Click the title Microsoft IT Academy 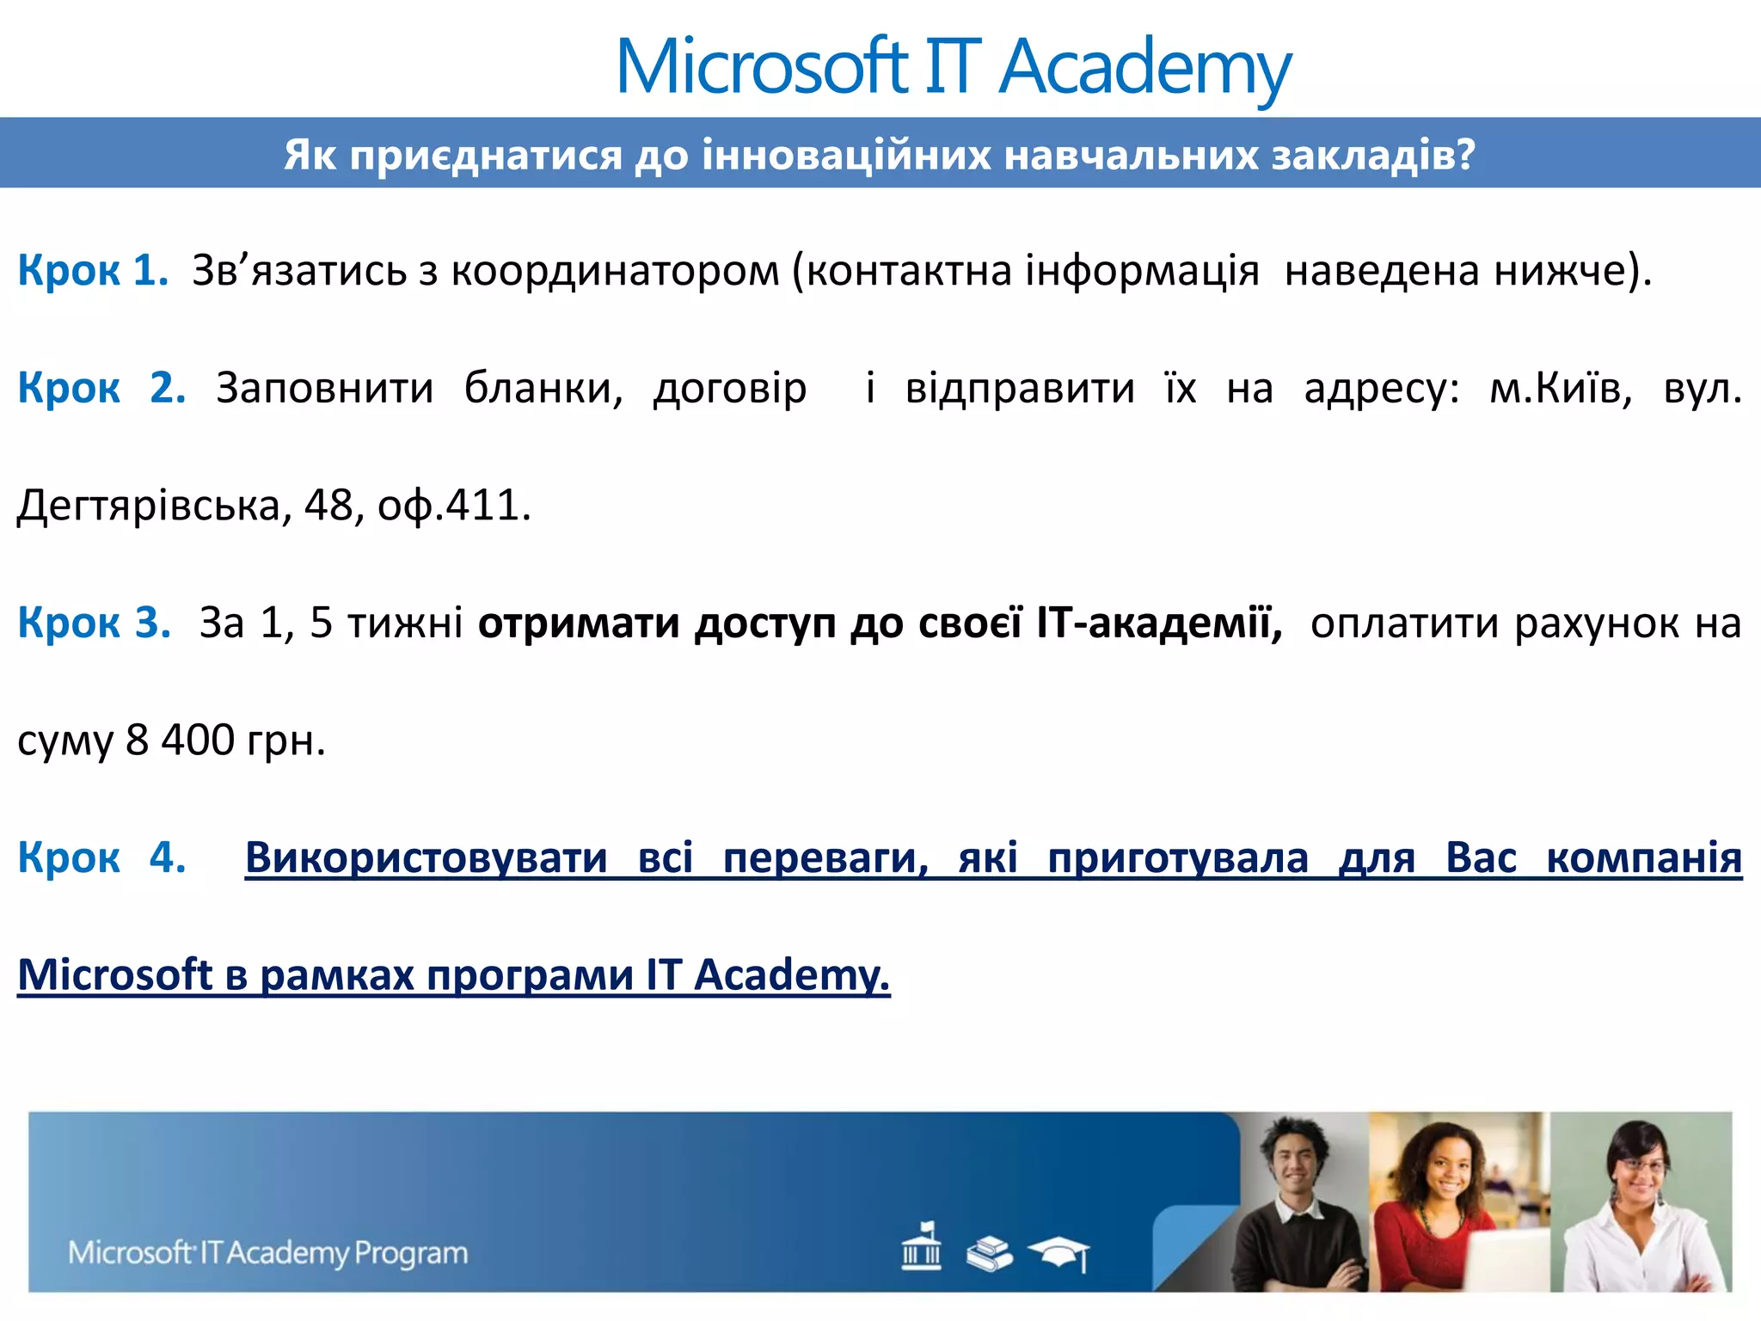click(953, 67)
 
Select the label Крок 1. click(93, 270)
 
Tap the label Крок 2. click(101, 388)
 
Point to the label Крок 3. click(95, 622)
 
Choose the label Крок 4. click(101, 857)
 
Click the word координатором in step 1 click(615, 271)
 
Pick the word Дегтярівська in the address click(149, 506)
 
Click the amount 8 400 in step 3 click(180, 740)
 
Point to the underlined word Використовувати click(426, 857)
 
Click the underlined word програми click(530, 975)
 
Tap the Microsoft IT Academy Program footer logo click(268, 1252)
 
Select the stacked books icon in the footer click(989, 1253)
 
